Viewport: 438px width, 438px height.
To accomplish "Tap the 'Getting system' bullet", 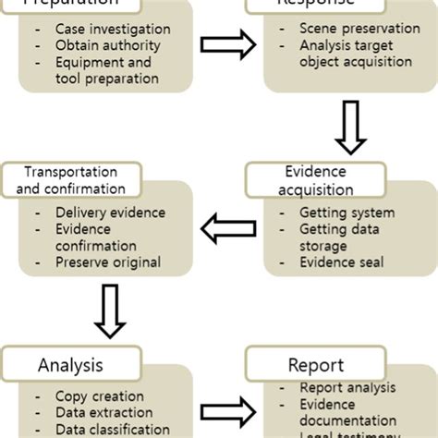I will pos(335,213).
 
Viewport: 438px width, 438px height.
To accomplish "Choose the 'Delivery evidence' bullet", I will pos(109,213).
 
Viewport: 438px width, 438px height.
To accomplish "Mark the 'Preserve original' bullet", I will pos(107,262).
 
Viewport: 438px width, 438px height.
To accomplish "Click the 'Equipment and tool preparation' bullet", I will pos(106,70).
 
